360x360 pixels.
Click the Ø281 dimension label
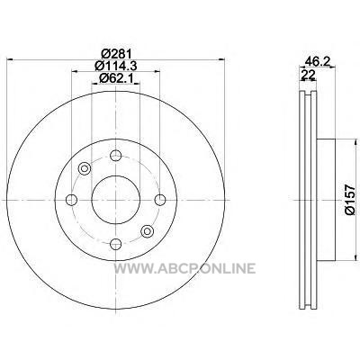click(116, 54)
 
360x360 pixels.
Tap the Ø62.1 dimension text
click(116, 78)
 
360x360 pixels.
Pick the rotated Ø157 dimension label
click(350, 200)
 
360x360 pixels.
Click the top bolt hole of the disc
click(116, 156)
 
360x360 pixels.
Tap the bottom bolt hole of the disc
click(116, 244)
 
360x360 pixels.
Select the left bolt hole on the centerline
click(71, 200)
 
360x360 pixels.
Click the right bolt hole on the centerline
click(160, 200)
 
